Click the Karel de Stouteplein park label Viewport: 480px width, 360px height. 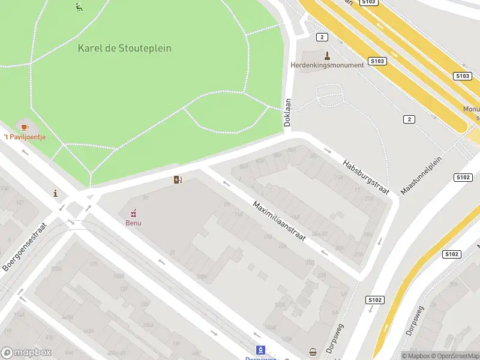point(124,48)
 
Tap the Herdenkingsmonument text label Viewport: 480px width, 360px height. point(327,65)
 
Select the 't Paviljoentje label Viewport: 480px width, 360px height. point(25,137)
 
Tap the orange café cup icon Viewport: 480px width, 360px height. point(25,127)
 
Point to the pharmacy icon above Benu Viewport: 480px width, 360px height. point(133,212)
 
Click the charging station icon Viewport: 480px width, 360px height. point(178,179)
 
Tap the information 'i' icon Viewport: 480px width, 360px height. point(56,193)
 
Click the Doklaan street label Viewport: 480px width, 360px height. point(287,111)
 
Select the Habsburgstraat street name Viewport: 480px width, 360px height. point(365,176)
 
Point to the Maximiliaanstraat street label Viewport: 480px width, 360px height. point(278,221)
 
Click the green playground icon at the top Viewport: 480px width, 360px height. point(79,7)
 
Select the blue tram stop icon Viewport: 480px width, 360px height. point(260,350)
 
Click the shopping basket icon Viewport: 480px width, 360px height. point(312,352)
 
